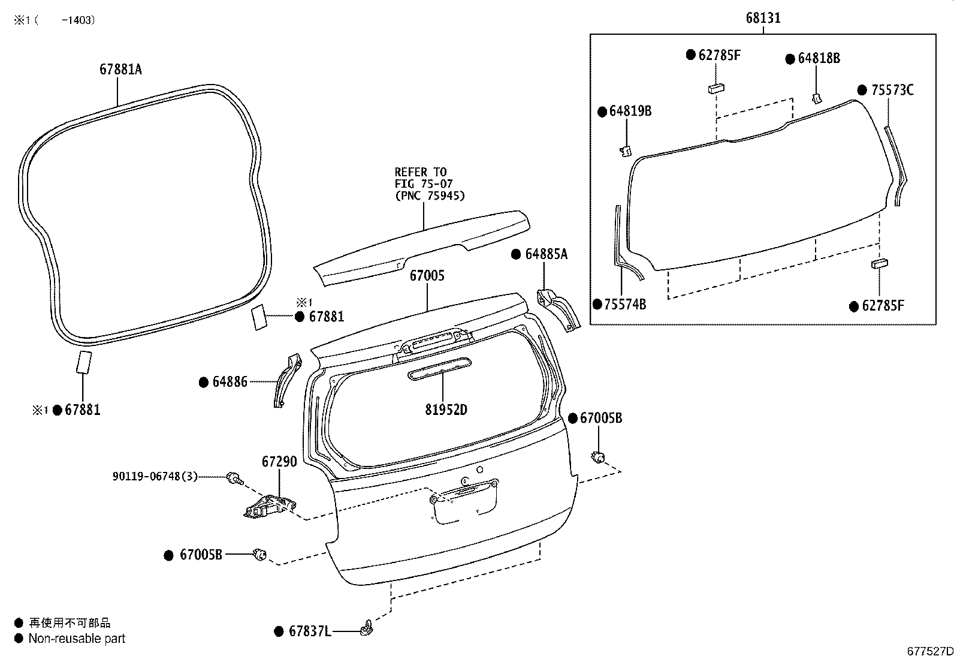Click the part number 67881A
coord(120,70)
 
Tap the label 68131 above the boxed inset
coord(763,18)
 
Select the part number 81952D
coord(446,410)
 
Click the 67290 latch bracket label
coord(279,462)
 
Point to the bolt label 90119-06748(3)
coord(155,477)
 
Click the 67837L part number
coord(309,631)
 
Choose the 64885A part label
coord(546,254)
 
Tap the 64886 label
coord(230,382)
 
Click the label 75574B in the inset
coord(625,305)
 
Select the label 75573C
coord(892,91)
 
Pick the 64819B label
coord(630,111)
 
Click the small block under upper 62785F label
coord(717,88)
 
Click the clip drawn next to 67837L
coord(366,628)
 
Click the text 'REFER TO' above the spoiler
coord(420,173)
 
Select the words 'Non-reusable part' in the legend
coord(77,639)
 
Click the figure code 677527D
coord(929,651)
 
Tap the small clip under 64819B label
coord(625,151)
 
